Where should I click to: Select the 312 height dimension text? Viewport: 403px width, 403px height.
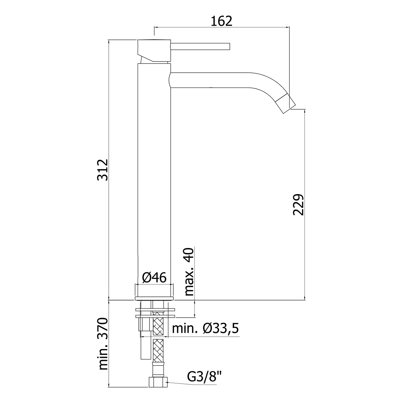[103, 170]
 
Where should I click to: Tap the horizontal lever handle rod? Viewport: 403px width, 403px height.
[200, 46]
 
